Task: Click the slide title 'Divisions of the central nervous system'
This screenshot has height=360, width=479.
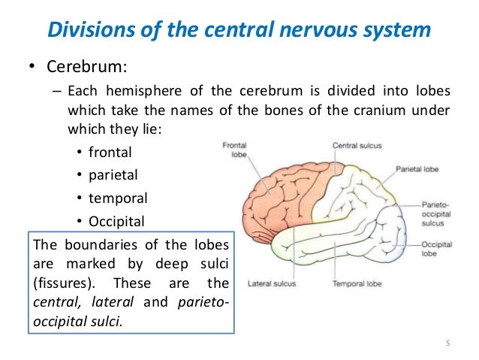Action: click(x=239, y=29)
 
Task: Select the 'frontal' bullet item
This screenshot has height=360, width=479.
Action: click(x=110, y=153)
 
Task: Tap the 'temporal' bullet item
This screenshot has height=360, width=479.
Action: click(x=118, y=198)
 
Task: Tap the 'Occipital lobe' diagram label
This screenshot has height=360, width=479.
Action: click(x=436, y=249)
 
